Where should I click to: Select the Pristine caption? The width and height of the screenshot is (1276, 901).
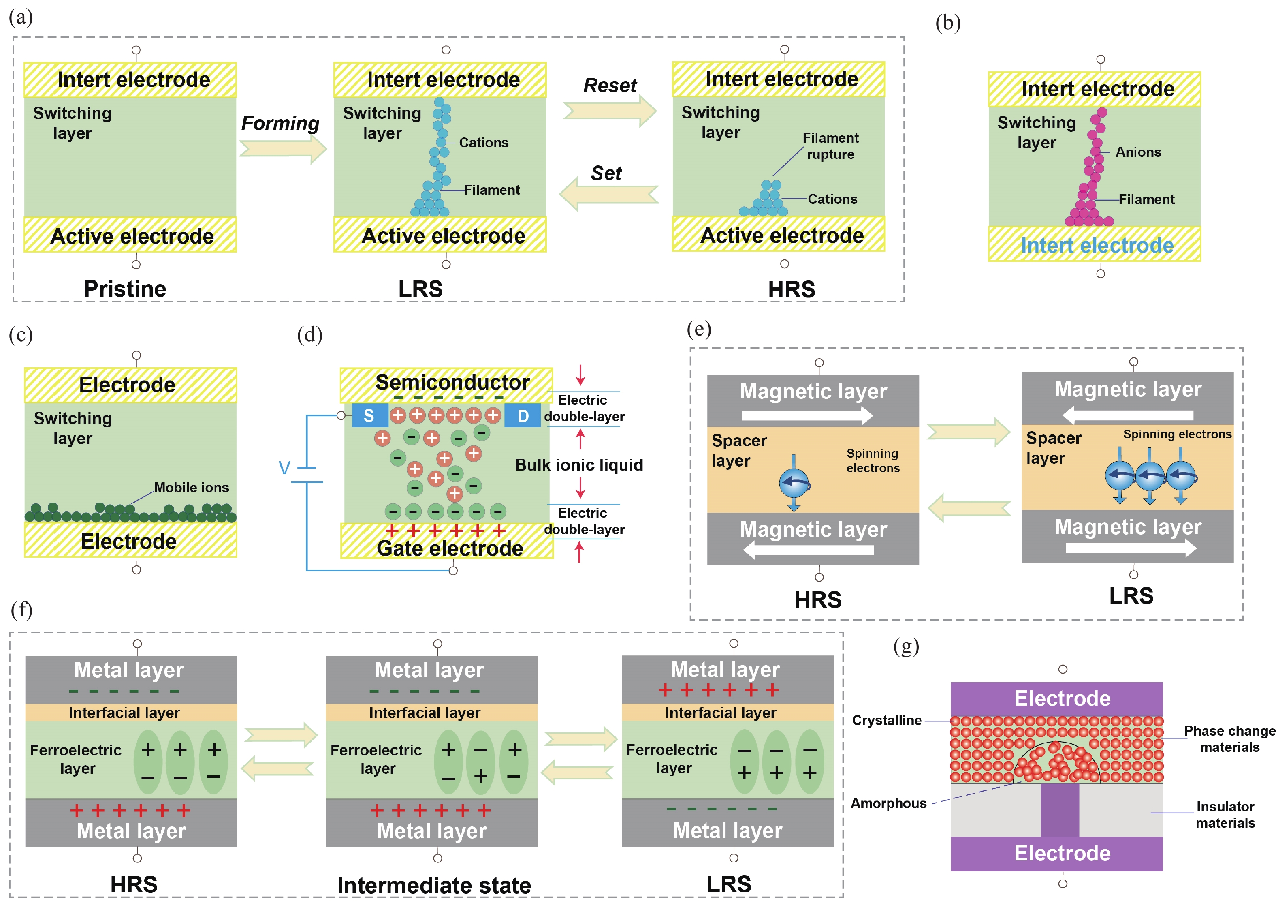125,289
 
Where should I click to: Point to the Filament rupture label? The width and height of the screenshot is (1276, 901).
830,146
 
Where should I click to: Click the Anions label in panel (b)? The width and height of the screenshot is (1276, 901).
1138,152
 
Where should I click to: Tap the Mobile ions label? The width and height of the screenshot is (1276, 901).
191,487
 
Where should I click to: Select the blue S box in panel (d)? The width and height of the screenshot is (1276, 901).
369,415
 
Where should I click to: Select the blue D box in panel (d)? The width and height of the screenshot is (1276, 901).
523,415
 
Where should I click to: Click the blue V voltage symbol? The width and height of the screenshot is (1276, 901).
284,467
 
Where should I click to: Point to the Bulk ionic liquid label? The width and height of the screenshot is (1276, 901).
578,464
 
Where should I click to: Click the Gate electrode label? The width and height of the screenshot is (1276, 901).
450,548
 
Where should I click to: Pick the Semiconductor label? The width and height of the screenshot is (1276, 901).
452,382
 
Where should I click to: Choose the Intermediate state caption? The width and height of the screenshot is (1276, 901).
434,885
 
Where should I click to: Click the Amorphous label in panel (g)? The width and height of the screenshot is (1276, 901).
888,803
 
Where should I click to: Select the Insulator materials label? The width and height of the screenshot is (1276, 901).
1225,814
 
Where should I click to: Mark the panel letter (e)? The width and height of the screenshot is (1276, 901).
699,329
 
